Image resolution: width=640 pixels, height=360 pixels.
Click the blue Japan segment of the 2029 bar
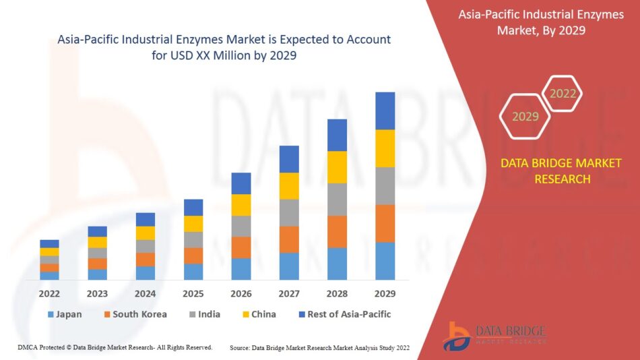(x=385, y=261)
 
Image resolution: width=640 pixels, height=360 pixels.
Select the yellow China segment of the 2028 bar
(x=337, y=167)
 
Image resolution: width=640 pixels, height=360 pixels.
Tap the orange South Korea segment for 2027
(x=289, y=239)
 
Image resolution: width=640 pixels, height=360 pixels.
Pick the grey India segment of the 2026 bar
(x=241, y=226)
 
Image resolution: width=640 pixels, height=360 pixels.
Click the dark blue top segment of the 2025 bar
(x=193, y=207)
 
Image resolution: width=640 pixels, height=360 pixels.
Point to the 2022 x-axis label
(x=49, y=294)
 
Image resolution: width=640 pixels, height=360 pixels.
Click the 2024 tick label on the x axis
(x=145, y=294)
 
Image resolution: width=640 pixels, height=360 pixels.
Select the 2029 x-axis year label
(x=385, y=294)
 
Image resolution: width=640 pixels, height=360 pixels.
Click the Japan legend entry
(x=65, y=314)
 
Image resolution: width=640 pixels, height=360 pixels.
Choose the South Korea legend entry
(x=135, y=314)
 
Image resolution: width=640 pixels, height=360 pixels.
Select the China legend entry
(x=258, y=314)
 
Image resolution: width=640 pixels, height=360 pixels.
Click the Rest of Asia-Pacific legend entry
(x=344, y=314)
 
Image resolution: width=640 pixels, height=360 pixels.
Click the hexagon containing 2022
(x=562, y=94)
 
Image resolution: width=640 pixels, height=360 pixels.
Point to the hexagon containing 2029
(x=525, y=117)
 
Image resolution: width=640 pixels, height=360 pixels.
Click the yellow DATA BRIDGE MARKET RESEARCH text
(x=561, y=171)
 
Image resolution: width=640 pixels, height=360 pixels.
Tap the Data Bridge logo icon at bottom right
(x=457, y=335)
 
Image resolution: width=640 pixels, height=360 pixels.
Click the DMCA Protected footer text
(x=115, y=347)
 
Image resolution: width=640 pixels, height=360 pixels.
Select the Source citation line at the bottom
(x=319, y=348)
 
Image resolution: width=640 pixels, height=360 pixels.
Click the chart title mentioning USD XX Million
(x=224, y=48)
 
